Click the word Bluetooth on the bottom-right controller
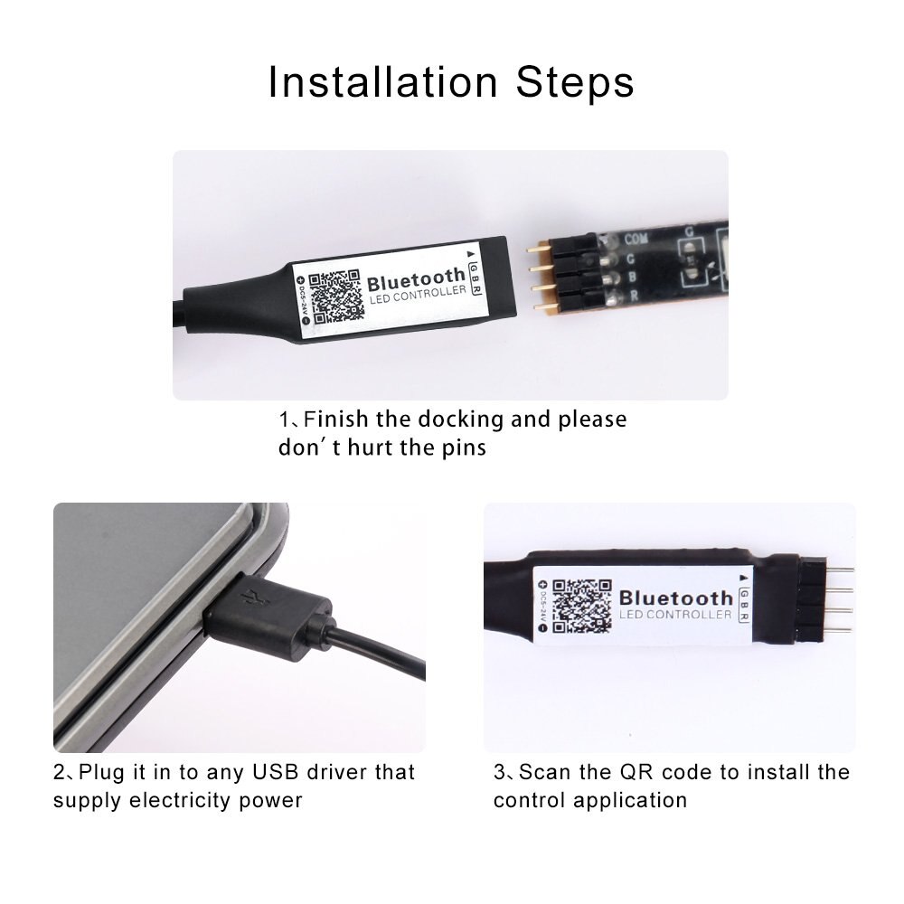tap(675, 598)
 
